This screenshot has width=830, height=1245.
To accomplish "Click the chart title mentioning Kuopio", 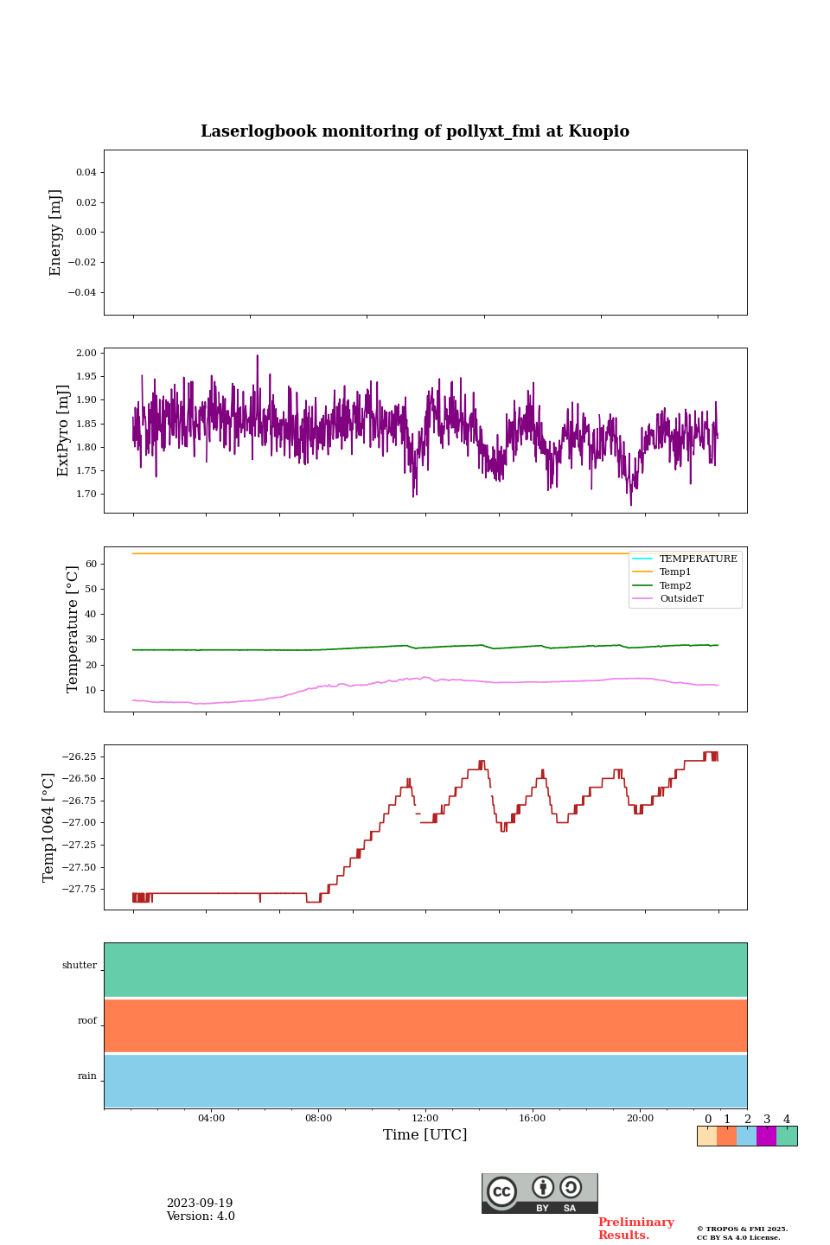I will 415,131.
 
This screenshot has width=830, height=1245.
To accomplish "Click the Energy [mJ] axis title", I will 56,233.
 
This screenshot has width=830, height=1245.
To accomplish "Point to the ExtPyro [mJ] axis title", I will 63,431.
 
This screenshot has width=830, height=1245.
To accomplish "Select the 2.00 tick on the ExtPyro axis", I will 86,353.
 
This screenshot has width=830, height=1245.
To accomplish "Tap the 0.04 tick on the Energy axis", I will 86,172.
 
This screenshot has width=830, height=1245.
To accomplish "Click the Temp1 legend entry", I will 675,572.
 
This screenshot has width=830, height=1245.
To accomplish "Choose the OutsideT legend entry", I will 681,599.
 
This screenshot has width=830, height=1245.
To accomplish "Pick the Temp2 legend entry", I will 675,585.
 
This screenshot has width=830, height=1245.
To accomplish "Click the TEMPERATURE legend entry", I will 698,559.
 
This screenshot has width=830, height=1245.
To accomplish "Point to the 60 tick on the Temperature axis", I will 90,564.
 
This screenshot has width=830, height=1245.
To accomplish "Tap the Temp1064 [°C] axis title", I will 49,827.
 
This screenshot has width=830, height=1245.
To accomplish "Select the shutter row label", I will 80,966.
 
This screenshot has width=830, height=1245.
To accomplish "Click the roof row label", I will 87,1021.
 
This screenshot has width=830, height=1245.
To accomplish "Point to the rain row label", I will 87,1076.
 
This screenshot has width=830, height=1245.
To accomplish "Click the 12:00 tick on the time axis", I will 425,1118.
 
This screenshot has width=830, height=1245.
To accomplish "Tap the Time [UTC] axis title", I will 425,1135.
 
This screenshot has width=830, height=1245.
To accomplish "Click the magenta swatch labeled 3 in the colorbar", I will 766,1136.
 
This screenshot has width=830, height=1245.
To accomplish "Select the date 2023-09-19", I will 200,1203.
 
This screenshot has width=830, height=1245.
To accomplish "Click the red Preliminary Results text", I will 635,1229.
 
